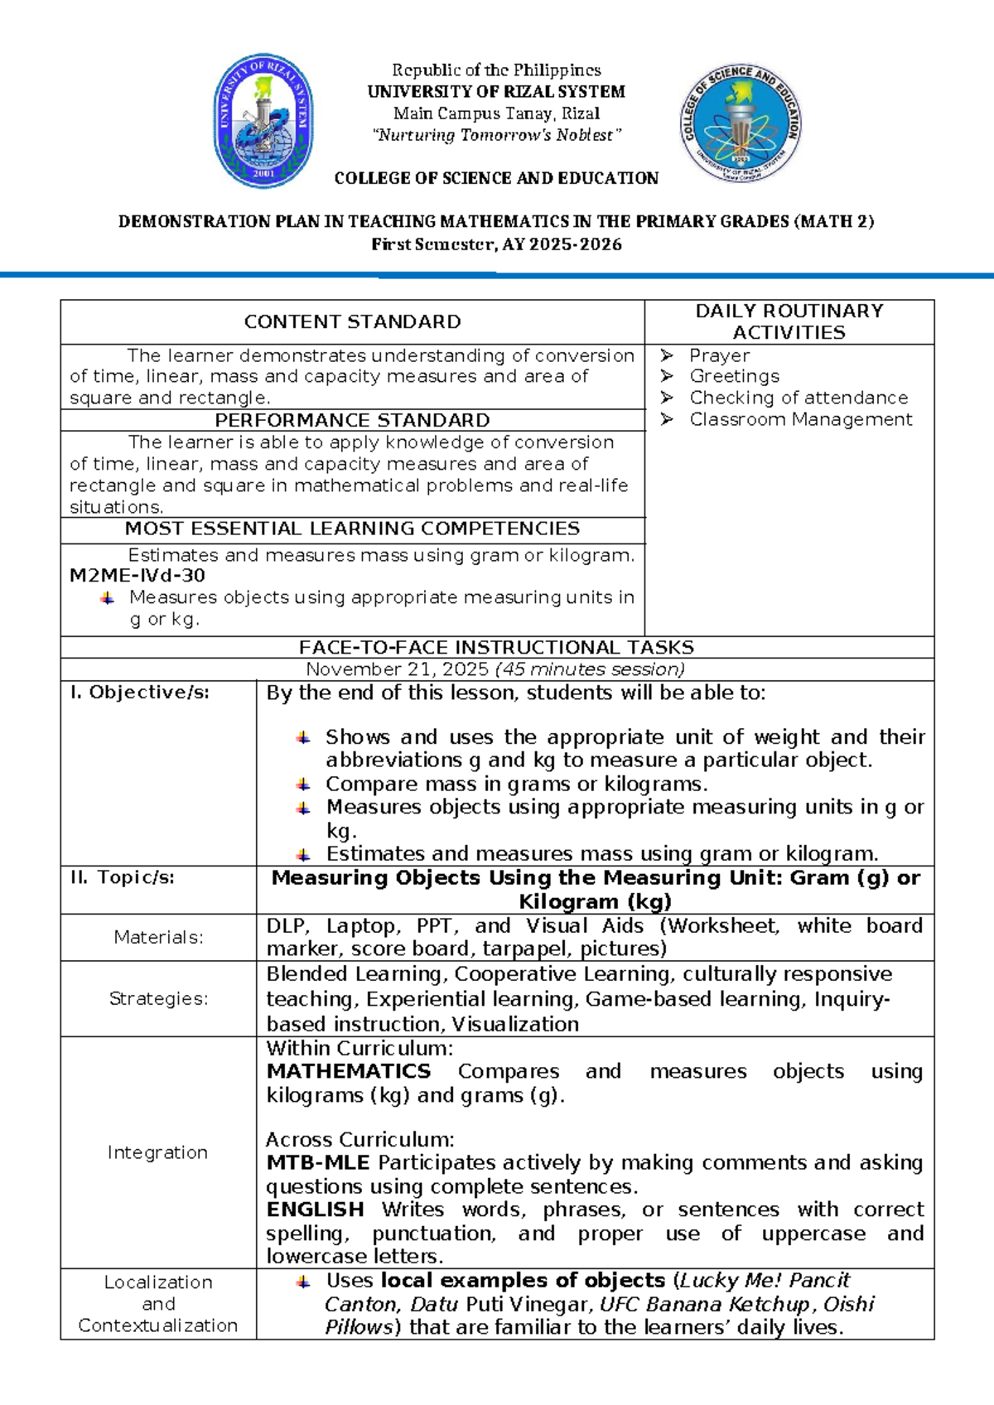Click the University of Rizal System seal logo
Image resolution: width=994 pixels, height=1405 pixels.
coord(263,121)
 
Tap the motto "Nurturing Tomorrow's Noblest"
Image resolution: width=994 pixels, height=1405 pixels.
coord(495,135)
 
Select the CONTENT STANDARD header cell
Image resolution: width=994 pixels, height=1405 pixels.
coord(352,321)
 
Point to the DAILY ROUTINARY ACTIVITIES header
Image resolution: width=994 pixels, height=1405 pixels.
coord(789,321)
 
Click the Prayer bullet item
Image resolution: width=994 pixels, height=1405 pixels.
coord(719,355)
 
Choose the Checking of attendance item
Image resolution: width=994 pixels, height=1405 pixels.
coord(799,398)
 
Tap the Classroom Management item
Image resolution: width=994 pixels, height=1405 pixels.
coord(800,419)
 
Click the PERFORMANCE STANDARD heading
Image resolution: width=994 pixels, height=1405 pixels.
coord(352,420)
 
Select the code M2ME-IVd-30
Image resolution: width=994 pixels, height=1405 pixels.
coord(138,575)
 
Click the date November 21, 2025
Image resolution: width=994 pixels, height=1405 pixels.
coord(398,669)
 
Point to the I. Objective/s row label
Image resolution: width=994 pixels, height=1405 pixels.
coord(139,693)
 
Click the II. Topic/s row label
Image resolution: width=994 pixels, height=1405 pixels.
coord(123,877)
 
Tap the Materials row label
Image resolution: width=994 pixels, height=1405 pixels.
coord(158,937)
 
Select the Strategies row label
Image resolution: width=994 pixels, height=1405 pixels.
coord(158,998)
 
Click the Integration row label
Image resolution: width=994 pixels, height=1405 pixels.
coord(157,1152)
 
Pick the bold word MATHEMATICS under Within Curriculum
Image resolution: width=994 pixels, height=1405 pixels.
coord(348,1071)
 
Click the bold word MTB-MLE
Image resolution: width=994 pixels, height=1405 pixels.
coord(317,1163)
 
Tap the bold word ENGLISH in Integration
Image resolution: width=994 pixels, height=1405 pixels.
coord(315,1209)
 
